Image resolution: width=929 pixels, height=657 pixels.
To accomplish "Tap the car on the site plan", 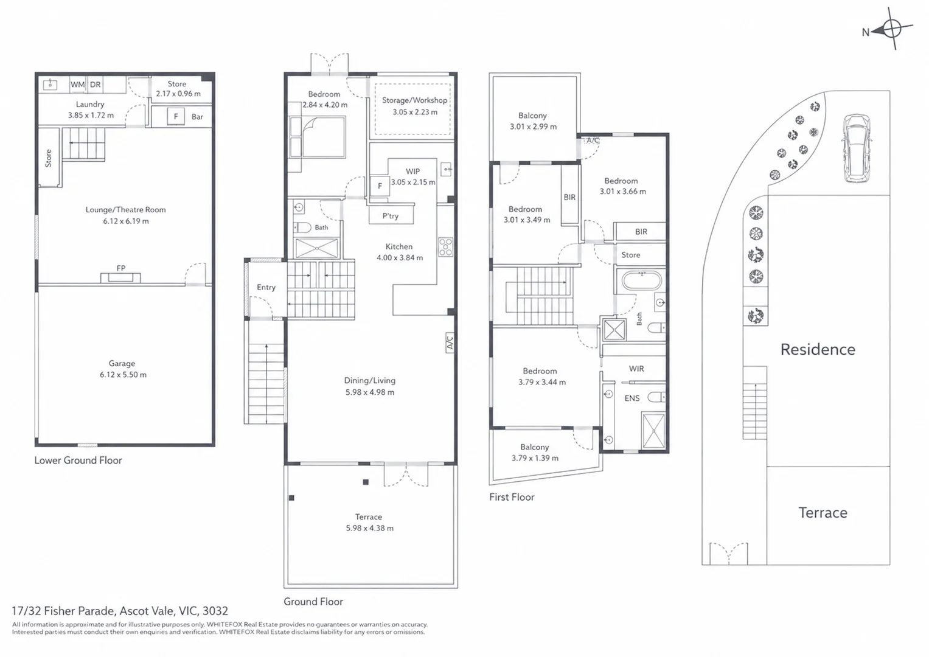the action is [x=857, y=148].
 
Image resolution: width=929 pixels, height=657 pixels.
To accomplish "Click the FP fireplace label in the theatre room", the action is [x=120, y=268].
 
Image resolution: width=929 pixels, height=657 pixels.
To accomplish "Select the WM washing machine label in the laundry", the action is [x=77, y=85].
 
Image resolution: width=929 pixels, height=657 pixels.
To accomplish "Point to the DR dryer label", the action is [x=96, y=85].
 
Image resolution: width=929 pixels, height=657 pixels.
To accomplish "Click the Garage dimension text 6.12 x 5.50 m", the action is [x=123, y=375].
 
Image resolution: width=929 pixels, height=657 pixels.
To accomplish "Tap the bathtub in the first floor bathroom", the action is [x=642, y=281].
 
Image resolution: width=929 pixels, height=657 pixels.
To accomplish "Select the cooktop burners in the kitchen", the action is [x=446, y=247].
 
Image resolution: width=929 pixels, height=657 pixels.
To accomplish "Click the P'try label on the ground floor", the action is [x=390, y=216].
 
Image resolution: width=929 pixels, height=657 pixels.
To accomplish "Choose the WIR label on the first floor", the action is [x=636, y=369].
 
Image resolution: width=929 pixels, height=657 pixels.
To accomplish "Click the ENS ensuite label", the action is [x=632, y=398].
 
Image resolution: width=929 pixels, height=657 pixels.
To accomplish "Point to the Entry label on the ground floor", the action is [x=266, y=287].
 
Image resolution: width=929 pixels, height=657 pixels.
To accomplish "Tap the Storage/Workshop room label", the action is [x=414, y=100].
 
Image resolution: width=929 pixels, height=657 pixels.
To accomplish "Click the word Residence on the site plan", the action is [x=818, y=350].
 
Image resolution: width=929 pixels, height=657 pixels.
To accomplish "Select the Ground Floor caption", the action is [x=313, y=602].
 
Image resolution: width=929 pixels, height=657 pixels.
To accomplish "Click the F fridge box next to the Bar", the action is [x=176, y=117].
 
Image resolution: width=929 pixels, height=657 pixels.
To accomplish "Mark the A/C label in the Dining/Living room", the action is [x=450, y=342].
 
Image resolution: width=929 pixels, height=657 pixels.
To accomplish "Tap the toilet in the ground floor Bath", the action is [x=303, y=228].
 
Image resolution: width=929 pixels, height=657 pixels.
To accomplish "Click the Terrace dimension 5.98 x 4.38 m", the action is [x=369, y=528].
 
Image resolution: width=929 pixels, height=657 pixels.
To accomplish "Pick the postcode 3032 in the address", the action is [x=215, y=611].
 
